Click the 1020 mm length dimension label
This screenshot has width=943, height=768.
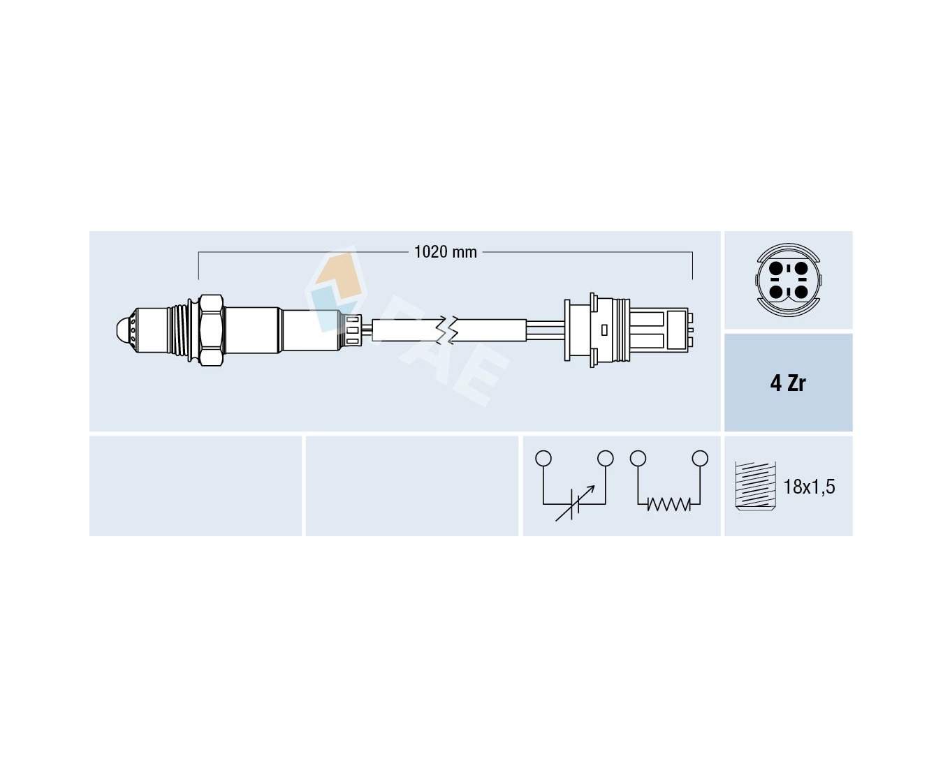[x=446, y=252]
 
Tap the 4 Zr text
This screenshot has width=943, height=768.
[x=788, y=383]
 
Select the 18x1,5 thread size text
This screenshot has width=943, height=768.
[x=810, y=487]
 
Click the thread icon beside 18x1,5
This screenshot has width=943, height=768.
[x=755, y=486]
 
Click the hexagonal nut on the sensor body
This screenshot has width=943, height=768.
[x=211, y=330]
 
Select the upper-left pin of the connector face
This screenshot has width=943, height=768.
[x=775, y=268]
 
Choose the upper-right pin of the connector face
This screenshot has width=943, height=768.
[x=801, y=268]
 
